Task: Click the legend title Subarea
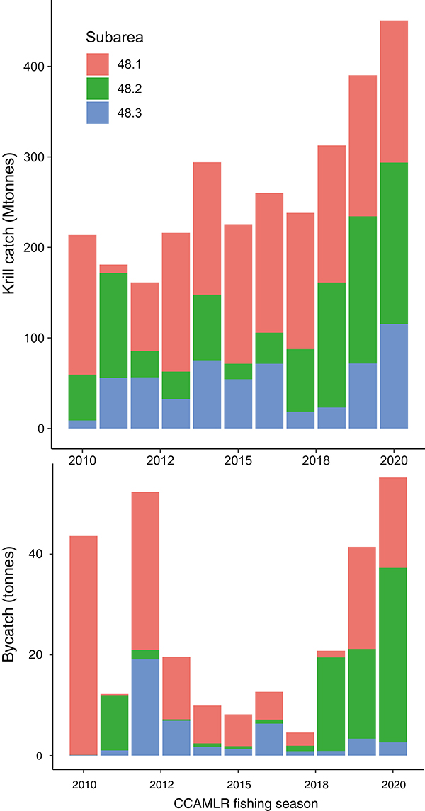pyautogui.click(x=115, y=37)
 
